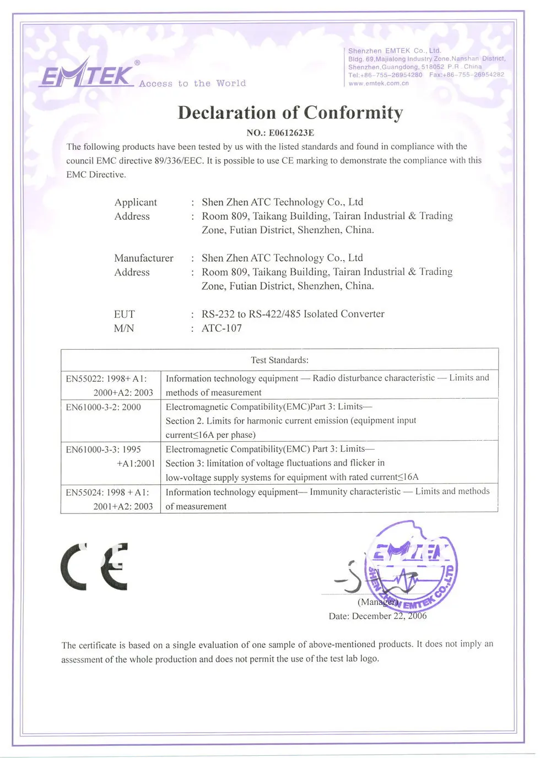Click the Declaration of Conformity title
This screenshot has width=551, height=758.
point(290,113)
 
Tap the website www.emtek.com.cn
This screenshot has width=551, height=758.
point(379,84)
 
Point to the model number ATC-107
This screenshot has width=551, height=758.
point(222,328)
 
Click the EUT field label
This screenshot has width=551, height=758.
point(124,314)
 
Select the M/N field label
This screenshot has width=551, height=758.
point(124,328)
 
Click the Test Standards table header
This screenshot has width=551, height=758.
point(279,360)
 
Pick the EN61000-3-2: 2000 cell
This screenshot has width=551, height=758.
point(104,407)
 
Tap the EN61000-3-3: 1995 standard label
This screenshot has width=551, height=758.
point(104,450)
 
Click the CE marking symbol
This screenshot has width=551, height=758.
point(94,567)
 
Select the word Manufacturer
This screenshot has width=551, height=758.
point(143,258)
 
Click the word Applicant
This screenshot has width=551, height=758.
point(136,202)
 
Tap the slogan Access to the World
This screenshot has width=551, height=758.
point(192,84)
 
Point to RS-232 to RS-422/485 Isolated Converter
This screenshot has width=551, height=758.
point(293,314)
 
